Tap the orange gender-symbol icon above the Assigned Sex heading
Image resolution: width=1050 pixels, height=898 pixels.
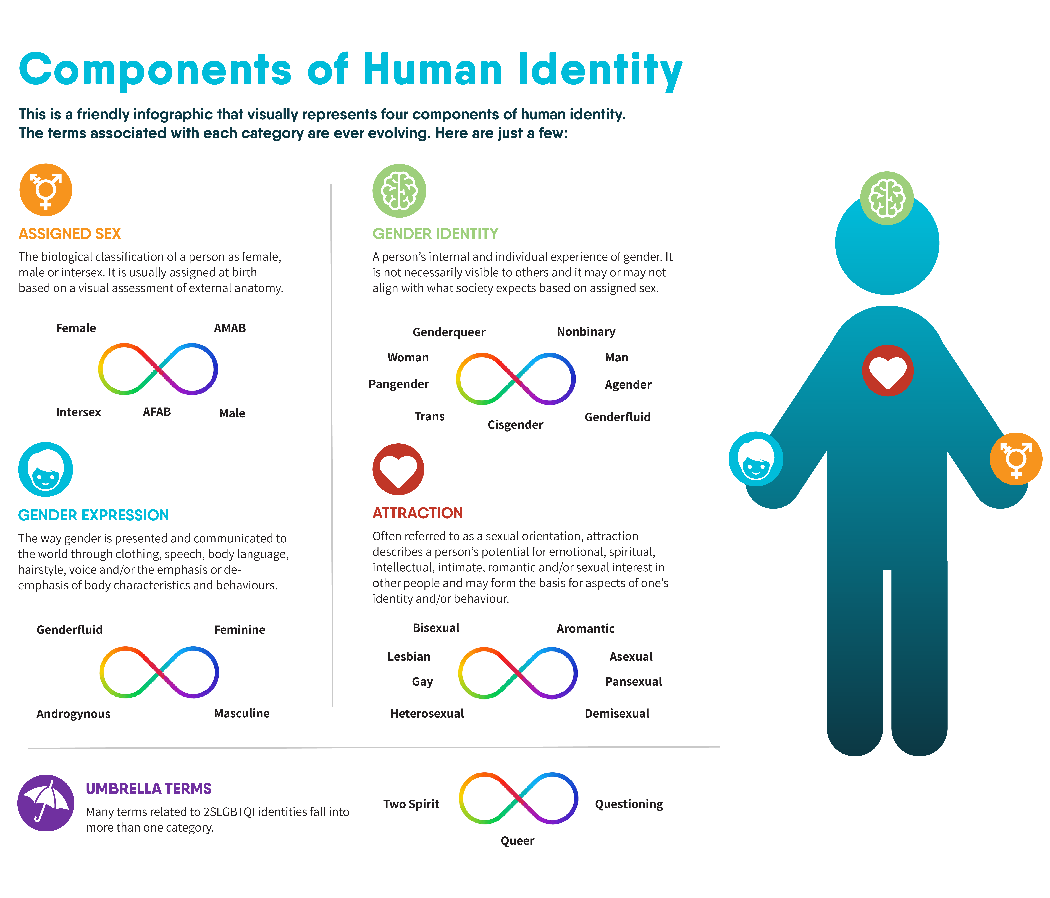point(46,190)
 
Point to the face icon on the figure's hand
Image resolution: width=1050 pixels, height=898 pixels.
point(756,459)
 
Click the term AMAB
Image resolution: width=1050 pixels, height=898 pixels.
point(230,328)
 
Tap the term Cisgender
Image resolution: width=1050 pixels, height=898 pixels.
point(515,425)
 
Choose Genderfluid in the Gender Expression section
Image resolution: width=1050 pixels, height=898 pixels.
point(69,630)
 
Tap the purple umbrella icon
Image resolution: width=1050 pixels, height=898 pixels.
point(46,803)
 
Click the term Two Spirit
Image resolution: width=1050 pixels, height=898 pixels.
point(411,804)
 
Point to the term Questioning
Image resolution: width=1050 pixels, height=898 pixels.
point(629,804)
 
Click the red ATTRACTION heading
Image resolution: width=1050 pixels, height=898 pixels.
point(418,513)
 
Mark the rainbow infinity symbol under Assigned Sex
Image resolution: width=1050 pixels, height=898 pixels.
point(158,369)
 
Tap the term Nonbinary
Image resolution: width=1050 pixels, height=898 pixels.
point(586,332)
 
